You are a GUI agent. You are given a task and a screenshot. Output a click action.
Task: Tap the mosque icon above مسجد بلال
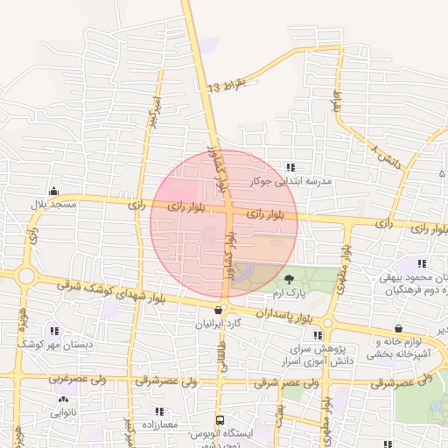(x=54, y=192)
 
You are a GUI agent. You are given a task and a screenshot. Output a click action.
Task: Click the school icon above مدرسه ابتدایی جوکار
(x=291, y=167)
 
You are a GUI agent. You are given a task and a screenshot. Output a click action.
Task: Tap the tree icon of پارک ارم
(x=289, y=278)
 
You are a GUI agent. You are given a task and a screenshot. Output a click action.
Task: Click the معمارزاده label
(x=159, y=424)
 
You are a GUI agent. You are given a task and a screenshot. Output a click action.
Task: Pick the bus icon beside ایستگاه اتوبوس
(x=220, y=420)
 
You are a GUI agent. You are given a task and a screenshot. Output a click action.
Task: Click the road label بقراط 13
(x=229, y=86)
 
